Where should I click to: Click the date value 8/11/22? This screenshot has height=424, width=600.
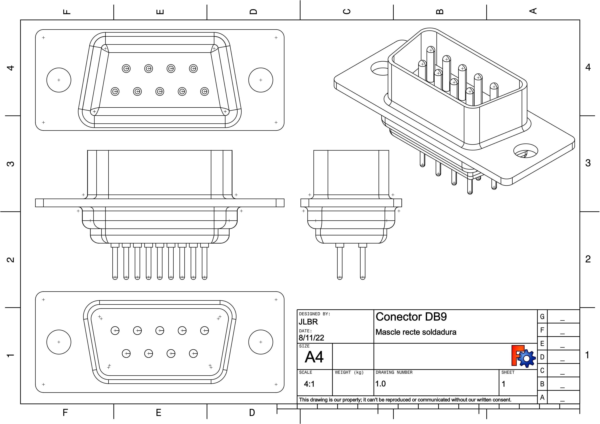311,338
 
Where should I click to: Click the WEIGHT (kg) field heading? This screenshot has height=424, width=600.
349,372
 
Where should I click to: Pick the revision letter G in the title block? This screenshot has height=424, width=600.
542,317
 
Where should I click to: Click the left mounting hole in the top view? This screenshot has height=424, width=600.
59,80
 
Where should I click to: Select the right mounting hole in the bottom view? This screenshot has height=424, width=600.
260,342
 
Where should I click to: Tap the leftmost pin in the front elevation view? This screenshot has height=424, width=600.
115,261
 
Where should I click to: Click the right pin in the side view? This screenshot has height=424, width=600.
362,261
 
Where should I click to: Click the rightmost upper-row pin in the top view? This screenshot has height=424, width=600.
193,68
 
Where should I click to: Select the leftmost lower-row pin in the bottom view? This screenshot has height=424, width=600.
126,354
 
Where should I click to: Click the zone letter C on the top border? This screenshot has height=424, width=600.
347,11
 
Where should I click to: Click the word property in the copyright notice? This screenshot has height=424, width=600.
353,400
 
